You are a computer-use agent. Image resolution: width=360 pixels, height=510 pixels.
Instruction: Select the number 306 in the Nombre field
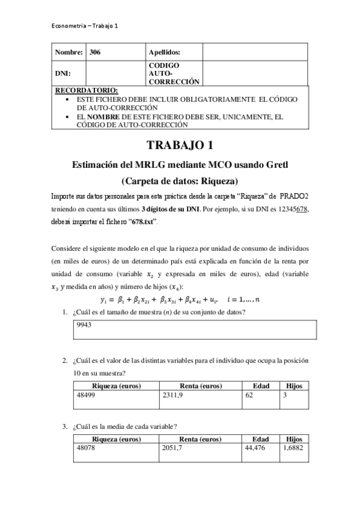[x=95, y=52]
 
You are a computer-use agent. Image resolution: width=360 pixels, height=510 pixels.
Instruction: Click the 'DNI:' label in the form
[x=63, y=73]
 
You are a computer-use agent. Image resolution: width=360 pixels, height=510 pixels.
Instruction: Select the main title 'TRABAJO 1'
[x=180, y=146]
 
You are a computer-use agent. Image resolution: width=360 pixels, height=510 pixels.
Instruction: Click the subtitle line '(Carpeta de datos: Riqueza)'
[x=180, y=180]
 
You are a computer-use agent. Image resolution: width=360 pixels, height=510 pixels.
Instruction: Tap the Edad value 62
[x=249, y=396]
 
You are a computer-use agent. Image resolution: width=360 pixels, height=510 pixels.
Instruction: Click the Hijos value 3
[x=285, y=396]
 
